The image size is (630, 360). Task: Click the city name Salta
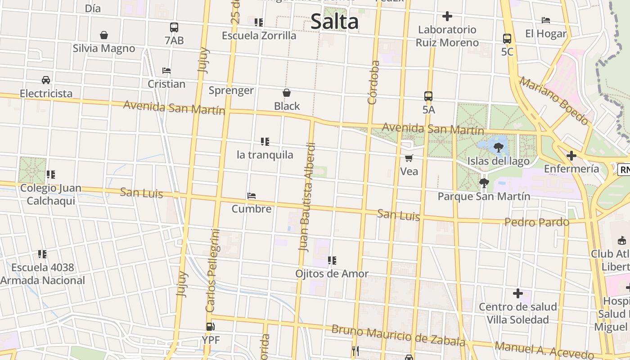pyautogui.click(x=334, y=22)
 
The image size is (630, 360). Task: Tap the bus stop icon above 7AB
pyautogui.click(x=174, y=27)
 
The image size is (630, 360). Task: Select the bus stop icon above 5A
pyautogui.click(x=428, y=96)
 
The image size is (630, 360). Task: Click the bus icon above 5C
pyautogui.click(x=507, y=39)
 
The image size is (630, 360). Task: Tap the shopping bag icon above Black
pyautogui.click(x=287, y=93)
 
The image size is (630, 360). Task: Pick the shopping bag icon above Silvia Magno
pyautogui.click(x=104, y=35)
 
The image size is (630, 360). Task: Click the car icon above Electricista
pyautogui.click(x=46, y=80)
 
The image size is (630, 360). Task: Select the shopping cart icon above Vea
pyautogui.click(x=409, y=158)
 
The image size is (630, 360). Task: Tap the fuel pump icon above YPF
pyautogui.click(x=210, y=327)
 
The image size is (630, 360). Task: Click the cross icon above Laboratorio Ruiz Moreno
pyautogui.click(x=447, y=17)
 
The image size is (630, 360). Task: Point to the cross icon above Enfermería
pyautogui.click(x=571, y=156)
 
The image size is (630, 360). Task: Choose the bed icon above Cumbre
pyautogui.click(x=252, y=196)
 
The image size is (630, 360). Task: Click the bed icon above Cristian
pyautogui.click(x=166, y=71)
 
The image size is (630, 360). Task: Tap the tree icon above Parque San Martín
pyautogui.click(x=484, y=183)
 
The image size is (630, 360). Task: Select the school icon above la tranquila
pyautogui.click(x=265, y=142)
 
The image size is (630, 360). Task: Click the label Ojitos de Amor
pyautogui.click(x=332, y=274)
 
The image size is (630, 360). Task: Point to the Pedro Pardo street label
pyautogui.click(x=536, y=222)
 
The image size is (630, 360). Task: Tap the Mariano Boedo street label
pyautogui.click(x=554, y=101)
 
